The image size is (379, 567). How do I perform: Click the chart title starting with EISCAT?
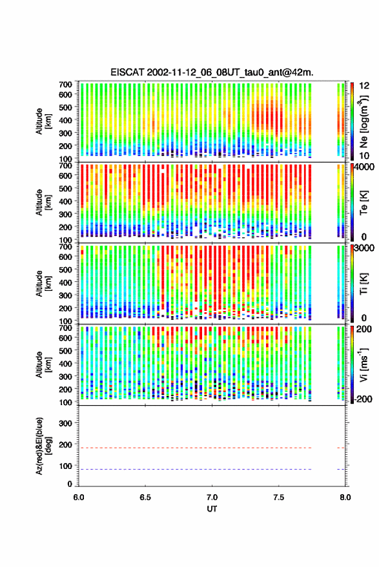[212, 72]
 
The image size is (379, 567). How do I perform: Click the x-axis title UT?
[212, 509]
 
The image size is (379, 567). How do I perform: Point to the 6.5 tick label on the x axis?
[145, 497]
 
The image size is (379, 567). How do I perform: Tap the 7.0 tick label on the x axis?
[212, 497]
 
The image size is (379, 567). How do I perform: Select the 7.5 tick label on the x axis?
[278, 497]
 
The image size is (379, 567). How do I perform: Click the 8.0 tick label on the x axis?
[345, 497]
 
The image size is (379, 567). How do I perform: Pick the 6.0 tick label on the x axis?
[79, 497]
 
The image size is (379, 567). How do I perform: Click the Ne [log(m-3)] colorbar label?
[364, 121]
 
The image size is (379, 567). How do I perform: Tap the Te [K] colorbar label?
[364, 203]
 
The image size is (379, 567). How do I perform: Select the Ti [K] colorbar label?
[364, 284]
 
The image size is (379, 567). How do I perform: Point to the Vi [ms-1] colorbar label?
[364, 364]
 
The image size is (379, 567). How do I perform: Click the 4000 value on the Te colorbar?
[365, 168]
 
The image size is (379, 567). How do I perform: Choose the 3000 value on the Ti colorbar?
[365, 248]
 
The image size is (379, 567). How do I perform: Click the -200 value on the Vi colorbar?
[364, 399]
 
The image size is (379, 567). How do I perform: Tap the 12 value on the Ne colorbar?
[364, 86]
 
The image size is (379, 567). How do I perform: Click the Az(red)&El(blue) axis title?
[44, 446]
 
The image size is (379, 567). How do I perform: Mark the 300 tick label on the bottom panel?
[65, 423]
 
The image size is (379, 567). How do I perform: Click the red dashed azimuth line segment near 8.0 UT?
[341, 448]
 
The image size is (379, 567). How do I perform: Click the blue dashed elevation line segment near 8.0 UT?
[341, 469]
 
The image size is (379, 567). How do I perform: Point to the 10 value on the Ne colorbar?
[364, 155]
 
